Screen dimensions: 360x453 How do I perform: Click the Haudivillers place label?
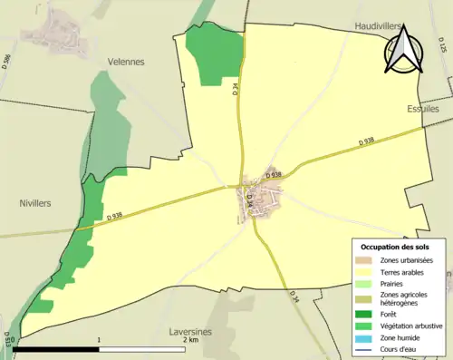pyautogui.click(x=379, y=26)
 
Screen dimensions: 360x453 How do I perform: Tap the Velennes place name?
pyautogui.click(x=126, y=62)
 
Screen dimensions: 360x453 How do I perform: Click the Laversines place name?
pyautogui.click(x=190, y=332)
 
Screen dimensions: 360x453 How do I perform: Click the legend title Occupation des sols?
pyautogui.click(x=396, y=247)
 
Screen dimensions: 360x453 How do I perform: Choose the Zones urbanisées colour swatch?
pyautogui.click(x=366, y=261)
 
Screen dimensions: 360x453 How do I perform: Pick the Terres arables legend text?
pyautogui.click(x=401, y=272)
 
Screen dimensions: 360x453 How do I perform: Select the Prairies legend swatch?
pyautogui.click(x=366, y=283)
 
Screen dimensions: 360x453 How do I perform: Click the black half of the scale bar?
pyautogui.click(x=55, y=347)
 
